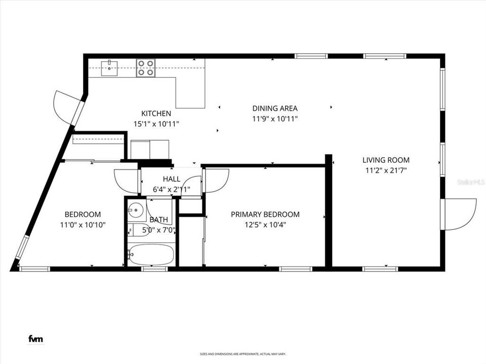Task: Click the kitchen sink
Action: point(109,68)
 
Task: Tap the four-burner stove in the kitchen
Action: point(146,68)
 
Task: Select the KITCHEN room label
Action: point(156,114)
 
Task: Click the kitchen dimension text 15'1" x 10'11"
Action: point(156,123)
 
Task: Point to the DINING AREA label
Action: point(275,108)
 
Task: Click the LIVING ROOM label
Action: point(385,160)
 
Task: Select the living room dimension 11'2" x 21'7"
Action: point(385,170)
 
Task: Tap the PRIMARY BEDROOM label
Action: point(265,214)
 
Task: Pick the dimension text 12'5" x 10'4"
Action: point(265,224)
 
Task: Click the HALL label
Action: point(171,179)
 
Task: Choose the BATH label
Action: point(158,220)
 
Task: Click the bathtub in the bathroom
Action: point(151,255)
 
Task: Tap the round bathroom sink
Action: point(135,211)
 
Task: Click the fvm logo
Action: point(35,338)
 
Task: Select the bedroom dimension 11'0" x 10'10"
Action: point(83,224)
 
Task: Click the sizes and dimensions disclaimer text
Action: point(242,354)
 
